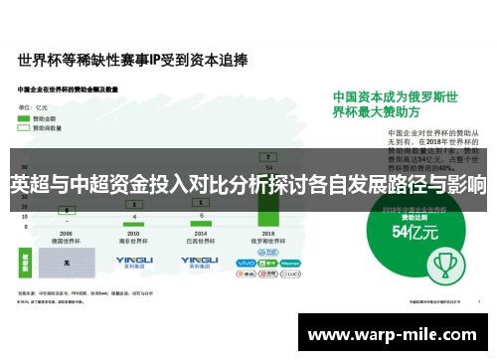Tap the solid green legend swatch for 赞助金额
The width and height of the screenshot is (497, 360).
tap(24, 117)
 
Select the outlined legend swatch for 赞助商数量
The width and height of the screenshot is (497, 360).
tap(24, 127)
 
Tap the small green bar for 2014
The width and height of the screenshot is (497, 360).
tap(202, 220)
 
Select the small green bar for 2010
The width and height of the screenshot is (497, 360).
tap(135, 221)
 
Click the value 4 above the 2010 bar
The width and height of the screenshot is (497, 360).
tap(135, 216)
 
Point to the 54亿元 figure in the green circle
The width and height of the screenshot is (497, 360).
tap(415, 233)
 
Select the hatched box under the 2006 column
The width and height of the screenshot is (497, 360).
tap(67, 264)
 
